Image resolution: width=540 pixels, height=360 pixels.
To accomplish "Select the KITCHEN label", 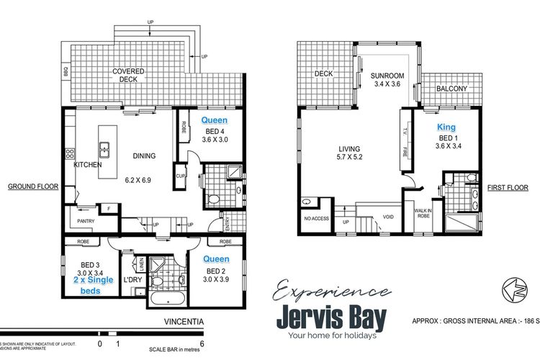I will (x=87, y=165).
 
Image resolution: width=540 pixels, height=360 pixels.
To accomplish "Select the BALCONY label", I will (x=452, y=89).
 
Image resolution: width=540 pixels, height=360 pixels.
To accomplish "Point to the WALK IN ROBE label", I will (x=423, y=213).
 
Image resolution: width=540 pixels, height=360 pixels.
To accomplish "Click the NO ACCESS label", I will (x=318, y=218).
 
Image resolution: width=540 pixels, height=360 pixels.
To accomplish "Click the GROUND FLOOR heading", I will (x=32, y=186).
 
